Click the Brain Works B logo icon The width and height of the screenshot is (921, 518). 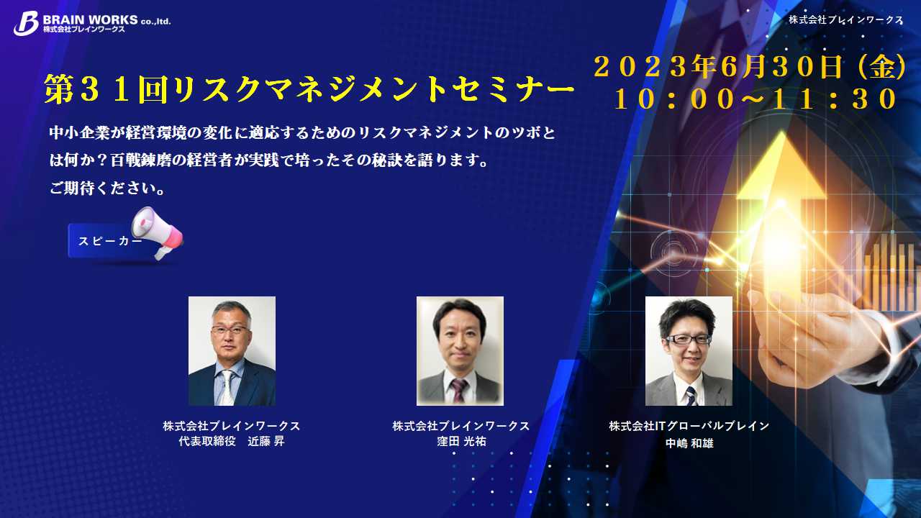[x=26, y=23]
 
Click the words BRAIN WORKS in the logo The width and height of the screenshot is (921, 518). [x=91, y=19]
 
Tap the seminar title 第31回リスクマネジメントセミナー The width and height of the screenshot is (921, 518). [x=309, y=88]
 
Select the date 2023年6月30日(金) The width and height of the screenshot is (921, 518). [x=750, y=67]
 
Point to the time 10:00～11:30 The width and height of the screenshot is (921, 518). [x=756, y=99]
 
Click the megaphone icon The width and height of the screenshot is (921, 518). [x=158, y=232]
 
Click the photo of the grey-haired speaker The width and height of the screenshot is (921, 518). [x=232, y=350]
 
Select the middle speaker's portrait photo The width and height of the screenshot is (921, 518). [x=460, y=350]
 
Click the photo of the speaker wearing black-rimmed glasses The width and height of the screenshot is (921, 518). [x=689, y=350]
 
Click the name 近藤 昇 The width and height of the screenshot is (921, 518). [x=266, y=441]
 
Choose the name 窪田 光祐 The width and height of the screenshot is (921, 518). [x=461, y=441]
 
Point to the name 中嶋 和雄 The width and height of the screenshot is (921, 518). [x=689, y=443]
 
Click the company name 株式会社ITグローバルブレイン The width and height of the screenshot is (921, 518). [x=689, y=426]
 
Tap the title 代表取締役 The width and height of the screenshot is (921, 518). [x=207, y=441]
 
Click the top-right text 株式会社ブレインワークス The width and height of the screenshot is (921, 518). [x=845, y=19]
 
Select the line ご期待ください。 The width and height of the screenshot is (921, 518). [x=107, y=188]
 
